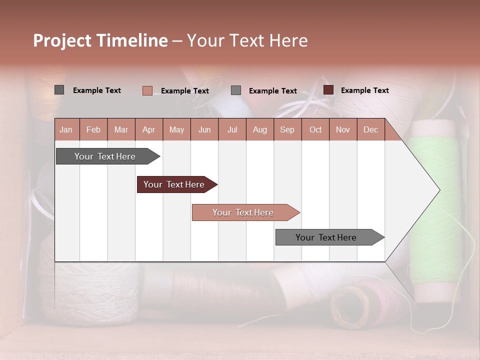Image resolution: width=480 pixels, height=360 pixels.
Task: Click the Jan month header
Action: click(66, 129)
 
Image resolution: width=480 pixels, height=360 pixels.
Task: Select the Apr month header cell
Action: click(149, 129)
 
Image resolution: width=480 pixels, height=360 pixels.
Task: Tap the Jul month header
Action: click(232, 129)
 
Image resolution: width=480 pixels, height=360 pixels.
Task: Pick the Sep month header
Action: click(287, 129)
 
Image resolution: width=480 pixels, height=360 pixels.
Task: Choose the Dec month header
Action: click(370, 129)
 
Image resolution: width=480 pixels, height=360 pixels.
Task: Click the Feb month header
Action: click(93, 129)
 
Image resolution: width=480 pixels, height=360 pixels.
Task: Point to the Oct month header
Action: click(315, 129)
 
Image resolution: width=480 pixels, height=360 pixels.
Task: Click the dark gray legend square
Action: click(59, 90)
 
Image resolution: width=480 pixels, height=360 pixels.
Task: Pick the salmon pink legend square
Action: click(147, 90)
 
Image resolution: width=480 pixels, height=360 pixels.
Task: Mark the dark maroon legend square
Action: click(328, 90)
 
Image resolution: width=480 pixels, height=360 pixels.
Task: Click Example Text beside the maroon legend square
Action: click(364, 90)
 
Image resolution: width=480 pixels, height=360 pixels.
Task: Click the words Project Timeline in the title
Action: click(100, 40)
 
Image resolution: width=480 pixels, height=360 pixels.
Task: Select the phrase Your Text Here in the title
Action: click(247, 40)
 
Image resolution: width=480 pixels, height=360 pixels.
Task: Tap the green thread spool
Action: click(433, 210)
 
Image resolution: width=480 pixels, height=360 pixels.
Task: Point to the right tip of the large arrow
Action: click(438, 190)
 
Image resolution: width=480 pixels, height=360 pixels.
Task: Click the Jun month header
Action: click(204, 129)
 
